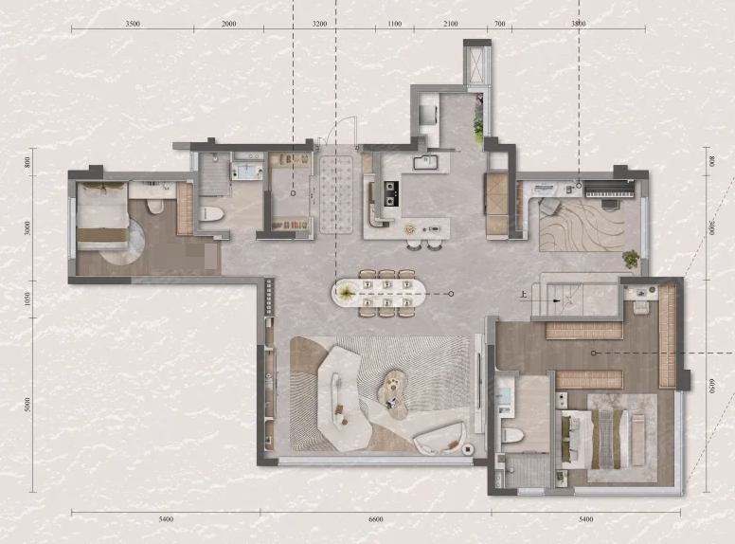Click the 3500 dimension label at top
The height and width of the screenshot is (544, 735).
tap(133, 24)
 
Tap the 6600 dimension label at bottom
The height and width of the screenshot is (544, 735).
tap(375, 519)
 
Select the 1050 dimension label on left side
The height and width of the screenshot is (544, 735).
tap(27, 299)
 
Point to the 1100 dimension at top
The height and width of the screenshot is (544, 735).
tap(395, 24)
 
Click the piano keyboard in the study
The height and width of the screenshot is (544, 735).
tap(609, 193)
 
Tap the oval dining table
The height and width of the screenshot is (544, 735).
tap(379, 294)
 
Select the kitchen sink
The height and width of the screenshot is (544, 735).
tap(425, 162)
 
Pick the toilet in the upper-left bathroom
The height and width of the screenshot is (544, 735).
tap(211, 214)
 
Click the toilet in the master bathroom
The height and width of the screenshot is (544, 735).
tap(512, 435)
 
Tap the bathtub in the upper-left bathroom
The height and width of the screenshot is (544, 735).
tap(248, 172)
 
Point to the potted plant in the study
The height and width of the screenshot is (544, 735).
tap(631, 259)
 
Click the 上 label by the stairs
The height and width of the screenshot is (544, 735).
tap(524, 295)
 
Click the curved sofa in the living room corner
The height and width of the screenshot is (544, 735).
tap(439, 439)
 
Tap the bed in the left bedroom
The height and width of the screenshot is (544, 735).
tap(102, 216)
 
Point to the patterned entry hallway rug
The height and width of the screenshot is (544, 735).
tap(336, 194)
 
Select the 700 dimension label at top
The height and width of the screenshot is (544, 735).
tap(500, 24)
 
